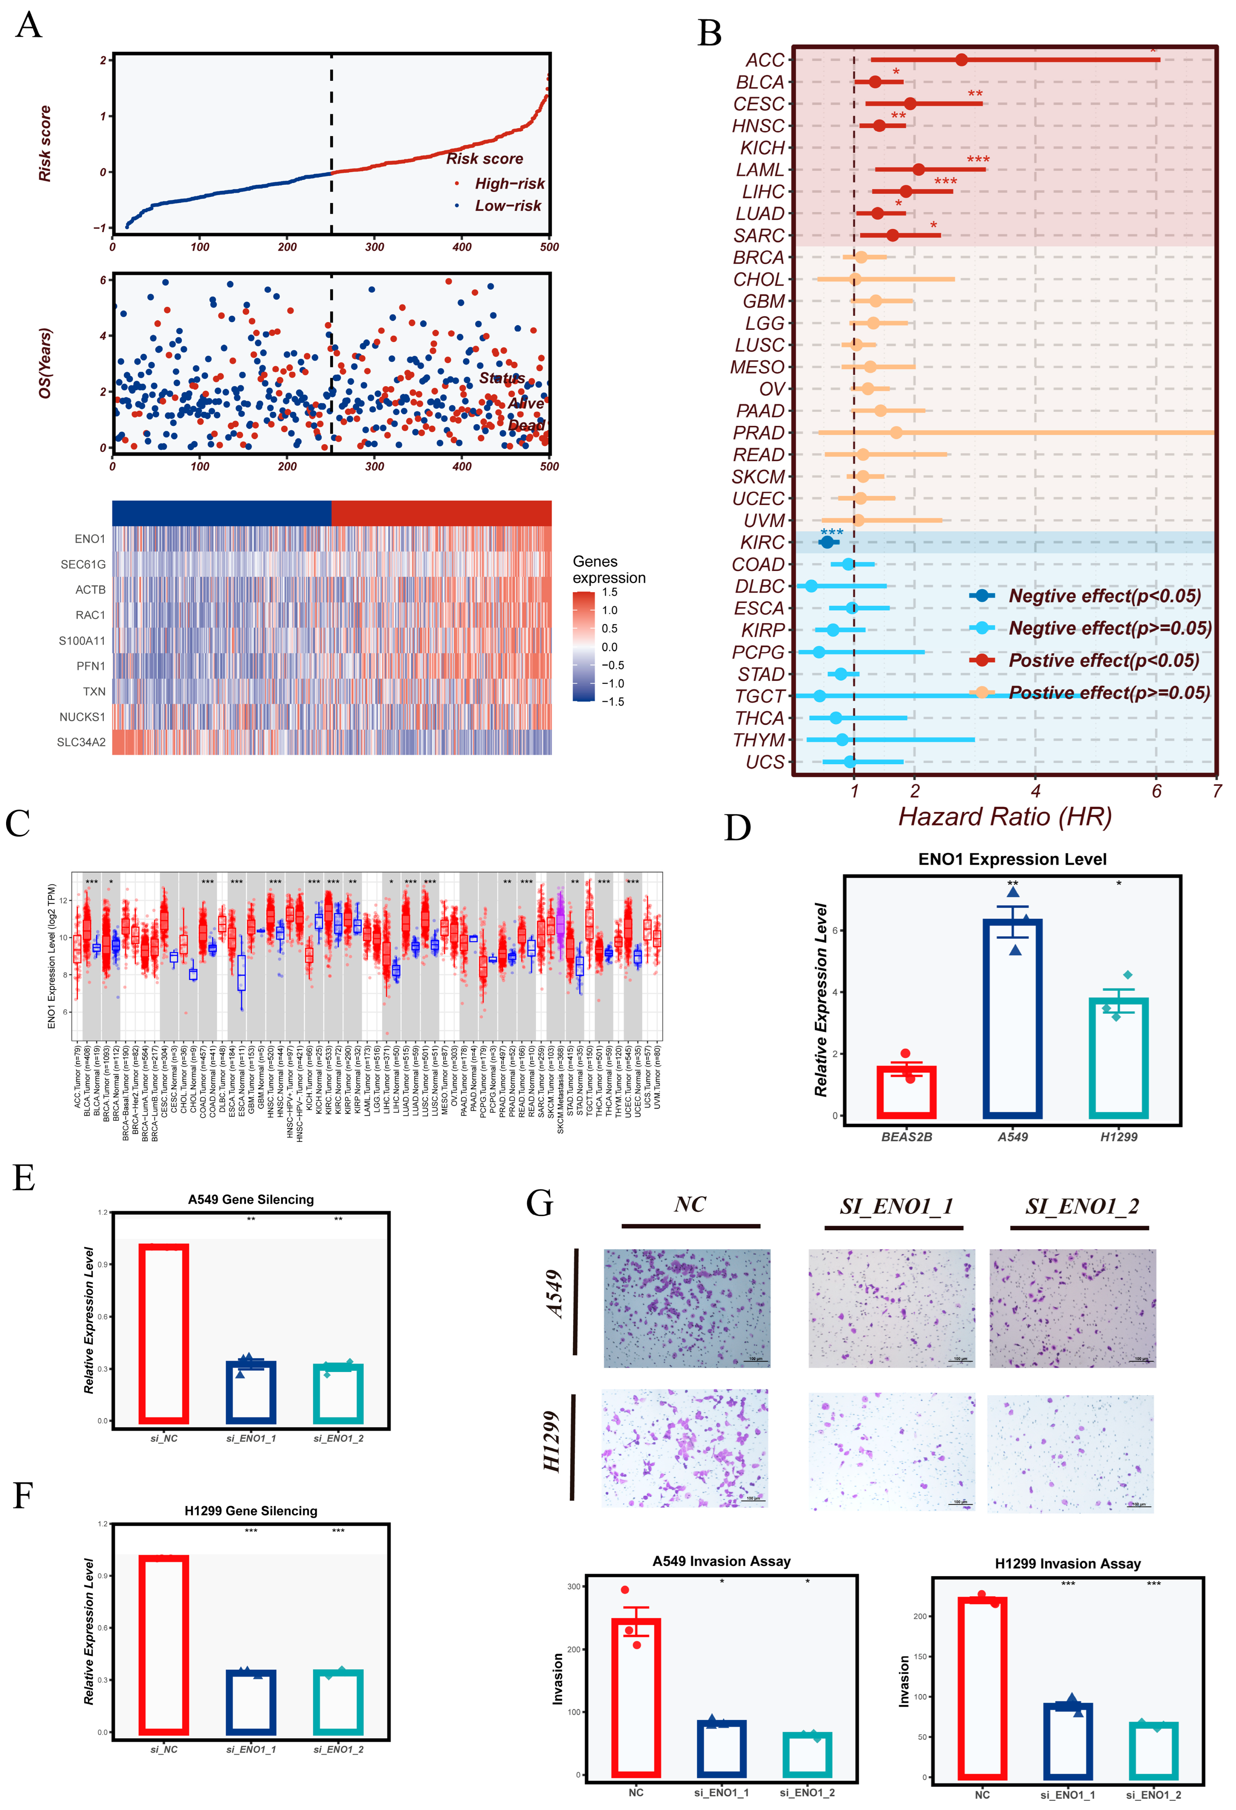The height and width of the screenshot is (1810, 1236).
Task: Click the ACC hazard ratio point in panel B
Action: click(961, 60)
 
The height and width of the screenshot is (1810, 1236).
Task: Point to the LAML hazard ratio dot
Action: click(918, 170)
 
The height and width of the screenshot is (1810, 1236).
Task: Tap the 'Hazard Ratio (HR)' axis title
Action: click(1005, 816)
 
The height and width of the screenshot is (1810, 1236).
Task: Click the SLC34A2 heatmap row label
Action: click(81, 742)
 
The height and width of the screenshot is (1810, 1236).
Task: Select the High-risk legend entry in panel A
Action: click(509, 184)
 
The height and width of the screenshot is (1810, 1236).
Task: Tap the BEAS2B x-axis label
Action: click(907, 1137)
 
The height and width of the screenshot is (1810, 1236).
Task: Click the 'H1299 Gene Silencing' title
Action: click(251, 1511)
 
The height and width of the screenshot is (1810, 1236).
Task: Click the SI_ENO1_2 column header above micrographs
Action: click(1082, 1206)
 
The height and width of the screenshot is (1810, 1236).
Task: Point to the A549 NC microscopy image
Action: click(687, 1309)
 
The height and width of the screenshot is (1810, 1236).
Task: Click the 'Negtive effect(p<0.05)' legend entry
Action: click(1104, 596)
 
